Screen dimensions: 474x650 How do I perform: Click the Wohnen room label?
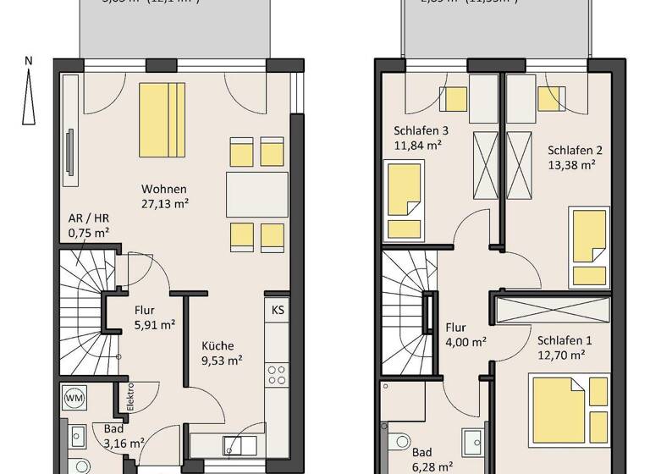coord(164,189)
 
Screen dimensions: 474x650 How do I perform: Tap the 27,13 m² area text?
coord(164,203)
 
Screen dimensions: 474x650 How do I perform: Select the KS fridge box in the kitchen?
coord(278,310)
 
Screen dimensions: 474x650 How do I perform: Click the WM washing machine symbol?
coord(74,397)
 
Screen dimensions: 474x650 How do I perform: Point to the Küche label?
coord(218,345)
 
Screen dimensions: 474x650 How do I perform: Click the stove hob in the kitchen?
coord(277,375)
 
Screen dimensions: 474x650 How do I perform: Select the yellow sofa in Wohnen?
coord(162,119)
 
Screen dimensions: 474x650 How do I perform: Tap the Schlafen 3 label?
coord(421,131)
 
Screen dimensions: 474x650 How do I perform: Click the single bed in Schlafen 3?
coord(405,201)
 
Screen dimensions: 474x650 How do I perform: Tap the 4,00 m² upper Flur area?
coord(465,342)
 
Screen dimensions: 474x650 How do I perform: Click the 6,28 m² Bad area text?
coord(432,466)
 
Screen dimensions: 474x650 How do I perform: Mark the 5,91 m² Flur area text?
coord(154,323)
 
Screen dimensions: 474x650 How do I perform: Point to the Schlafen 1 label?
coord(565,340)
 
